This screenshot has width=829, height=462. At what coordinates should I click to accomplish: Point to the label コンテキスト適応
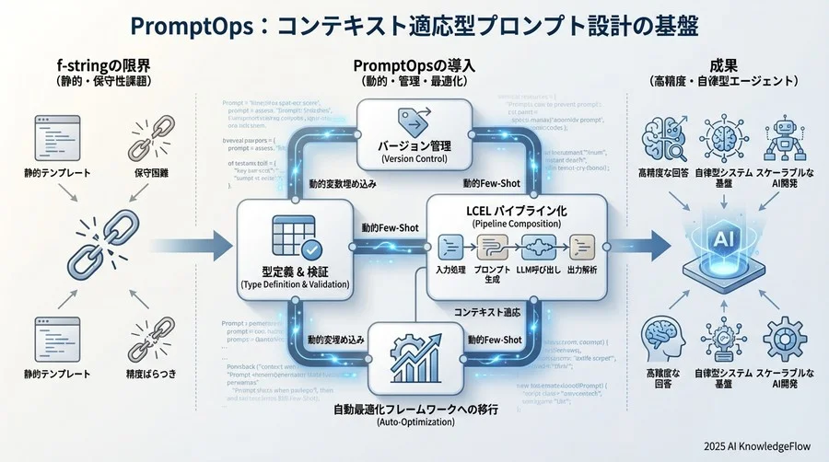[488, 313]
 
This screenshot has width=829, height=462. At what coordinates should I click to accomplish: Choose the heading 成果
[723, 65]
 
